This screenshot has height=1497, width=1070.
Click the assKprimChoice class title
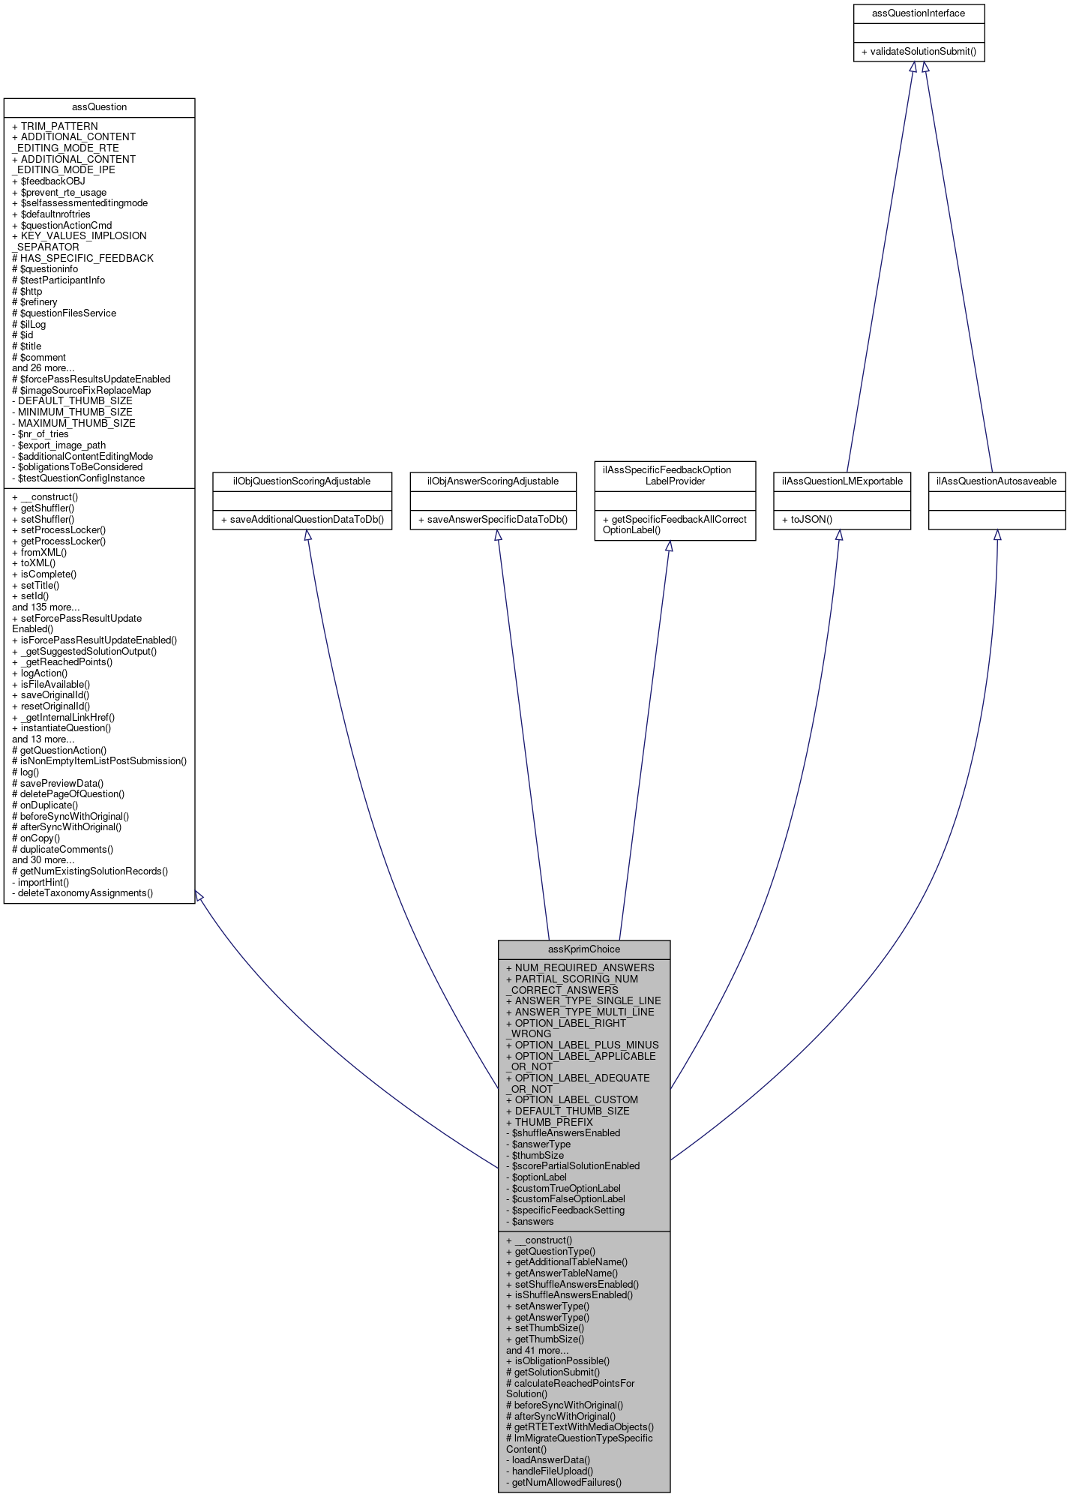click(584, 949)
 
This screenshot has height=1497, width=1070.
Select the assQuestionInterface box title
click(919, 13)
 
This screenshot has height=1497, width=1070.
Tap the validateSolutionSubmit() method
click(919, 52)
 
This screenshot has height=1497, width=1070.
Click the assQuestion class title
click(99, 107)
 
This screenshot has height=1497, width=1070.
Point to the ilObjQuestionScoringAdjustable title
click(303, 481)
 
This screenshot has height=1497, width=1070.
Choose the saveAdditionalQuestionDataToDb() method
click(303, 520)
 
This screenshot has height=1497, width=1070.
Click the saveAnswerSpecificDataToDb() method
click(493, 520)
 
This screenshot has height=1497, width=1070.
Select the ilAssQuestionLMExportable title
click(842, 481)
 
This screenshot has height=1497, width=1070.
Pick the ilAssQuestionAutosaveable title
click(997, 481)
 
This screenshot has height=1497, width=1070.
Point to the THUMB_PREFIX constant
click(553, 1122)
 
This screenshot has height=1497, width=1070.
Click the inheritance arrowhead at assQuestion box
click(199, 896)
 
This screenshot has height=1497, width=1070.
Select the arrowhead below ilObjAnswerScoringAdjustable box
click(497, 535)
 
